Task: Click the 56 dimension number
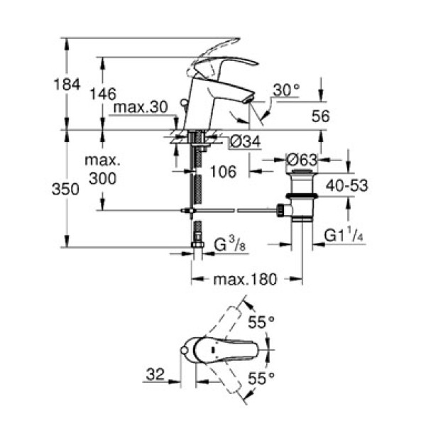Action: pyautogui.click(x=321, y=116)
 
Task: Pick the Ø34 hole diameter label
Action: pyautogui.click(x=246, y=143)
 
